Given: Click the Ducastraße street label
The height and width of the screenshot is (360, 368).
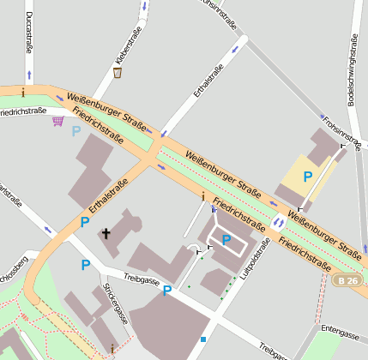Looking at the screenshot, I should (x=29, y=34).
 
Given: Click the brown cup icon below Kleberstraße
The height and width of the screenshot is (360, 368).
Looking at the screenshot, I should (x=117, y=73).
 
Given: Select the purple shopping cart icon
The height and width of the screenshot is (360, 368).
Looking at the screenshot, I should (x=57, y=121).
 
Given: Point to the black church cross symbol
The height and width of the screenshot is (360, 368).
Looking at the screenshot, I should (x=107, y=232).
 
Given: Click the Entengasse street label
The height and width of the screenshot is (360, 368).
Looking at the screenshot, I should (x=340, y=328).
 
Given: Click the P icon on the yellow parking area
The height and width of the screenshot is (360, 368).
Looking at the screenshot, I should (x=306, y=176).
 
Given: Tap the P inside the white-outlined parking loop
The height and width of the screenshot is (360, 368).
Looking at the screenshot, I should (x=226, y=240).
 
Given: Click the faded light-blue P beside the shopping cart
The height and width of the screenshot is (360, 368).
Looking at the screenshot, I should (x=76, y=131).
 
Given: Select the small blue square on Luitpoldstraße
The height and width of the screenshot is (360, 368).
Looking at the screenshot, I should (x=202, y=339).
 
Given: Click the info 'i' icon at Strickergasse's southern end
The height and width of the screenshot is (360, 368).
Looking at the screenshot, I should (x=112, y=347).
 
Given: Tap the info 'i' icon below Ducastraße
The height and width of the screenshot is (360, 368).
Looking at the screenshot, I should (x=23, y=92).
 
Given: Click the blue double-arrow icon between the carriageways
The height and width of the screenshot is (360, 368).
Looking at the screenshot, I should (x=278, y=222).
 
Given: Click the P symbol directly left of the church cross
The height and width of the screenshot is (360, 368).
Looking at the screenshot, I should (x=85, y=222).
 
